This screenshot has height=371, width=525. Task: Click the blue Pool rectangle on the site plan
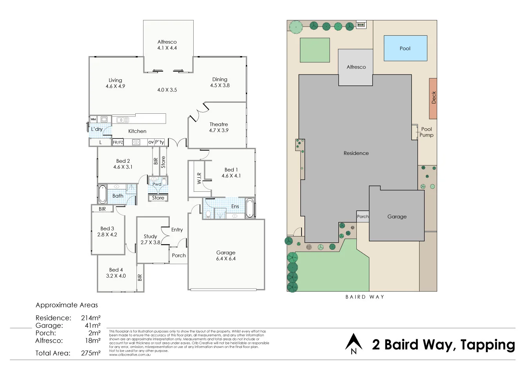click(x=405, y=48)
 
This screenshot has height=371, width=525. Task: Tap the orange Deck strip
click(x=433, y=98)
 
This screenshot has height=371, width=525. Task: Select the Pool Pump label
click(x=426, y=132)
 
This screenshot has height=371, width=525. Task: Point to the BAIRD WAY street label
click(x=365, y=297)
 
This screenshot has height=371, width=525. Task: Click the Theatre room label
click(x=218, y=124)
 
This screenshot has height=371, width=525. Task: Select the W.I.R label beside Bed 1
click(x=199, y=178)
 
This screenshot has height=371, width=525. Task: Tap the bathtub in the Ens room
click(x=249, y=208)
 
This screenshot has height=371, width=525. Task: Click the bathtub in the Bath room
click(x=103, y=194)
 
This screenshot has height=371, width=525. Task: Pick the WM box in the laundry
click(x=93, y=119)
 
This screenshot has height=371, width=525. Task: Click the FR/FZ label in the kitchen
click(x=118, y=142)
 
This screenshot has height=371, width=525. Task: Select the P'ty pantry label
click(x=160, y=142)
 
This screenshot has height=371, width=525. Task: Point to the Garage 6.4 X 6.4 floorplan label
click(x=226, y=256)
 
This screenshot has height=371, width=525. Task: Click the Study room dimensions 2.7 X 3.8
click(x=150, y=242)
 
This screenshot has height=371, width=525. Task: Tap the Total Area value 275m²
click(x=91, y=353)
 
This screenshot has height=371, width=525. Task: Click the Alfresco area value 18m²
click(x=93, y=340)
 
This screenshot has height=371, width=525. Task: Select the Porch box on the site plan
click(x=363, y=216)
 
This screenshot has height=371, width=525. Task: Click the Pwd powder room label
click(x=157, y=184)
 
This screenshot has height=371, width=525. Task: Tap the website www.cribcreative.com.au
click(x=130, y=355)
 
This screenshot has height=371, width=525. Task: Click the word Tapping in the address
click(x=487, y=345)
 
